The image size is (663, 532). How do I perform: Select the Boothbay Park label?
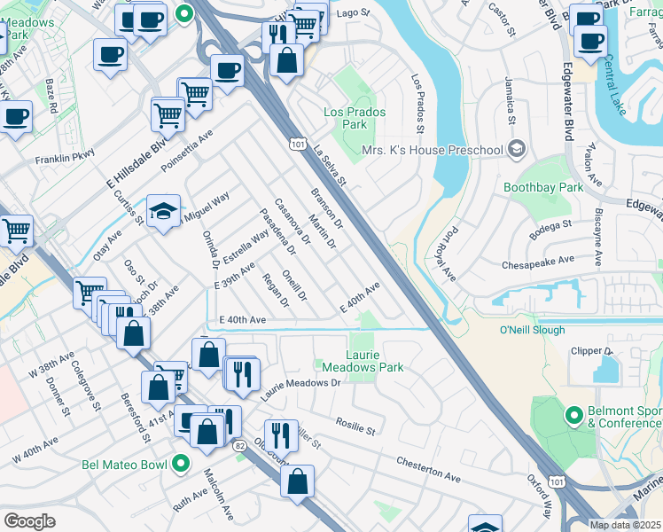pos(543,188)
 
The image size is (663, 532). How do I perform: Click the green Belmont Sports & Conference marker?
pos(573,414)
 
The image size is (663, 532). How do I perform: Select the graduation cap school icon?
pos(164,211)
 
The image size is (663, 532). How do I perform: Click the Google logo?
pos(29,520)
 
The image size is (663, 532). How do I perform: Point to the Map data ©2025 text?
pos(625,525)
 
